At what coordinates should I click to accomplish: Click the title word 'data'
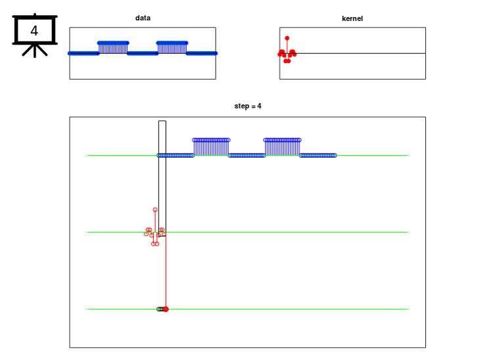143,18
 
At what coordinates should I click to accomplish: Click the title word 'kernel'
352,18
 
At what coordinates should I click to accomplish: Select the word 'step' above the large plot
241,106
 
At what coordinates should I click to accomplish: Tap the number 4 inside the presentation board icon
34,31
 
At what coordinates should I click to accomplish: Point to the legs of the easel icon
35,50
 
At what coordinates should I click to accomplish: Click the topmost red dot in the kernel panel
287,38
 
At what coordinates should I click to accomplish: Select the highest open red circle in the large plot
155,210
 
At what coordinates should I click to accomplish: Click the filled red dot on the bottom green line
166,309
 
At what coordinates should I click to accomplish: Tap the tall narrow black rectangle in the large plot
162,179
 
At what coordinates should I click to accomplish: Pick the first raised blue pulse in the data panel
113,48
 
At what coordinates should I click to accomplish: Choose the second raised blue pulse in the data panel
172,48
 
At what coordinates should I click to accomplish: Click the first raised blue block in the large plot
211,147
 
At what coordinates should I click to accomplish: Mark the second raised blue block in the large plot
282,147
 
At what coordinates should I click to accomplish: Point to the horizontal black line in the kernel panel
352,53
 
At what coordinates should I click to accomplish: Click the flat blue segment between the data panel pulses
143,53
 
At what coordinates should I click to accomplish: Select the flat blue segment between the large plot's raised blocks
247,156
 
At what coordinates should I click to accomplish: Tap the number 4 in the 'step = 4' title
260,106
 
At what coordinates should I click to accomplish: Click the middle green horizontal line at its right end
408,233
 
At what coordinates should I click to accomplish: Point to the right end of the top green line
408,156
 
